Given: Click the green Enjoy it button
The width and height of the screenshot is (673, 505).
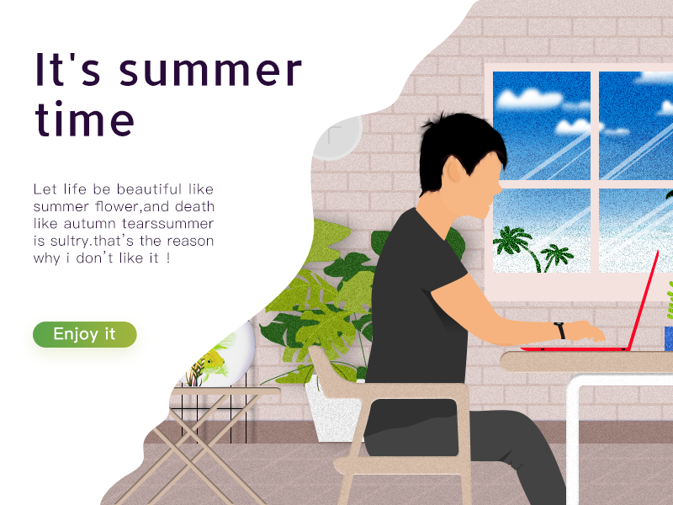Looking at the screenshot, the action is click(85, 334).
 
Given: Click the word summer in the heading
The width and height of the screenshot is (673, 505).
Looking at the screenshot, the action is click(211, 70).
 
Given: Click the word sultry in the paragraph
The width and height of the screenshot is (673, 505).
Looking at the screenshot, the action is click(70, 242).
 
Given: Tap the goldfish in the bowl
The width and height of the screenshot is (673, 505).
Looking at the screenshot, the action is click(213, 361).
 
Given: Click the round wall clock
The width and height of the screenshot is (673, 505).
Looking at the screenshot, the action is click(337, 136).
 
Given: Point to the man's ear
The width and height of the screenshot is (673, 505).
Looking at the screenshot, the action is click(454, 171).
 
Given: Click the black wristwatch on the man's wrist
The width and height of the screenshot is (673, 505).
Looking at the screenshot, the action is click(559, 330).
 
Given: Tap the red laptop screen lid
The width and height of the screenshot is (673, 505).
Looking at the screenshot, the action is click(643, 300).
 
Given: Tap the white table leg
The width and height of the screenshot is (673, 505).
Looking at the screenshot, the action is click(573, 443).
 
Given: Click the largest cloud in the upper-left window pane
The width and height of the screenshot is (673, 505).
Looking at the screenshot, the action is click(528, 98).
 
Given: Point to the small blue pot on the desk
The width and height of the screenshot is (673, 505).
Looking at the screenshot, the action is click(668, 339).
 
